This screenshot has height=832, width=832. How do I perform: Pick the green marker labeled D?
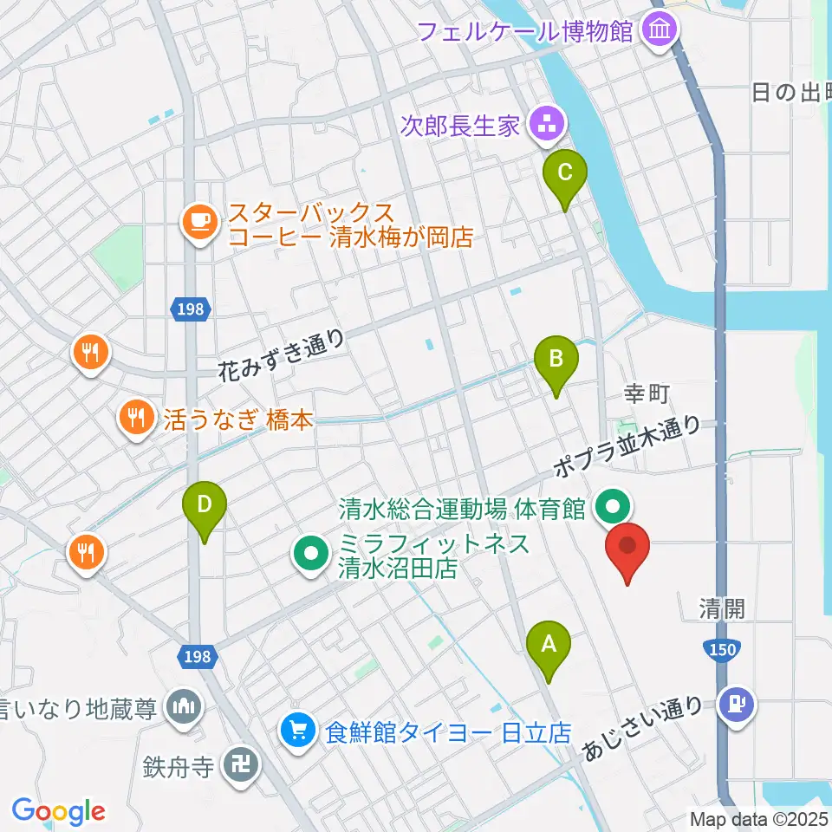204,505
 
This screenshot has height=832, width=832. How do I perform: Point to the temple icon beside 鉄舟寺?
237,766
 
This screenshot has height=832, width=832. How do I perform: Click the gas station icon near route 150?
739,701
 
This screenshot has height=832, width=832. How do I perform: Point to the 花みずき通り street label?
283,355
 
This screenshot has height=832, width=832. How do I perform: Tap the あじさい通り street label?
642,729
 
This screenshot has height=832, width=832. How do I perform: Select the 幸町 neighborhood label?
647,394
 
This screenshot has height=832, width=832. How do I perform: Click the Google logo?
58,811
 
